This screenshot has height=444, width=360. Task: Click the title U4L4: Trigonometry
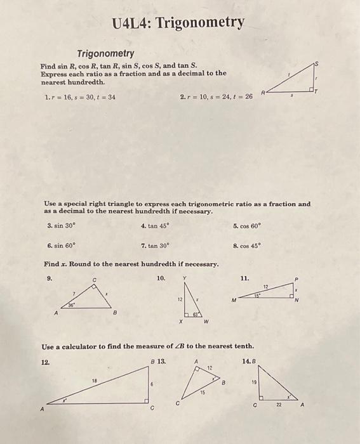point(178,23)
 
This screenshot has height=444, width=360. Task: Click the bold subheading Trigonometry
point(105,54)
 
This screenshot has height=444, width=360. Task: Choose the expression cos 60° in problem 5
point(247,225)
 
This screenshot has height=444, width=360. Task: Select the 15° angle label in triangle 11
point(258,295)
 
